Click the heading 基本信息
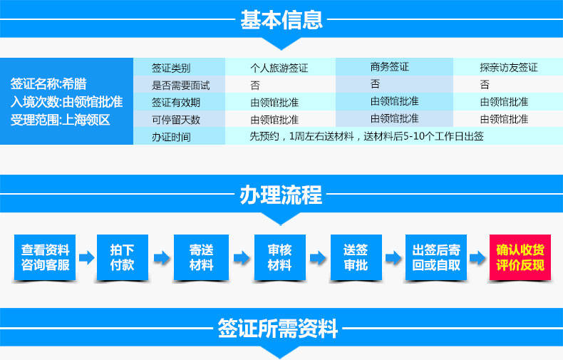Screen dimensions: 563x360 pos(281,20)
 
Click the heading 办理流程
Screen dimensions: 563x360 pos(281,195)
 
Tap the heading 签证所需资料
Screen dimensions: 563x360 pos(277,329)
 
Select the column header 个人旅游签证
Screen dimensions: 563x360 pos(279,68)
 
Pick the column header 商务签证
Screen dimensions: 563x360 pos(390,66)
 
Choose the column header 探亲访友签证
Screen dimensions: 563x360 pos(509,67)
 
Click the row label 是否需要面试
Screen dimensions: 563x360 pos(180,85)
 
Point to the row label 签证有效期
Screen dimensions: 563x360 pos(176,103)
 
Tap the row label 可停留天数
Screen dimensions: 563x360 pos(176,120)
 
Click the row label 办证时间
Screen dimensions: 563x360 pos(171,137)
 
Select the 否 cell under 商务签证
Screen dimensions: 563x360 pos(375,83)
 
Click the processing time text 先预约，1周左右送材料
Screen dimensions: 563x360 pos(302,136)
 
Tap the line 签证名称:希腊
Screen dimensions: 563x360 pos(48,83)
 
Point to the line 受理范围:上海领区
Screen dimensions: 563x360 pos(60,120)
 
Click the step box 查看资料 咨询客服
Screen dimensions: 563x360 pos(45,257)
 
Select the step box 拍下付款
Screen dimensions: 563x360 pos(123,257)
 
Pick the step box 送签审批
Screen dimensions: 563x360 pos(356,257)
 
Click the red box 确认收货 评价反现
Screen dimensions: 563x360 pos(520,257)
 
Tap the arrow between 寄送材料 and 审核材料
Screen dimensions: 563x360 pos(242,257)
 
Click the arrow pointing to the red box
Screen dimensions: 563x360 pos(477,257)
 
